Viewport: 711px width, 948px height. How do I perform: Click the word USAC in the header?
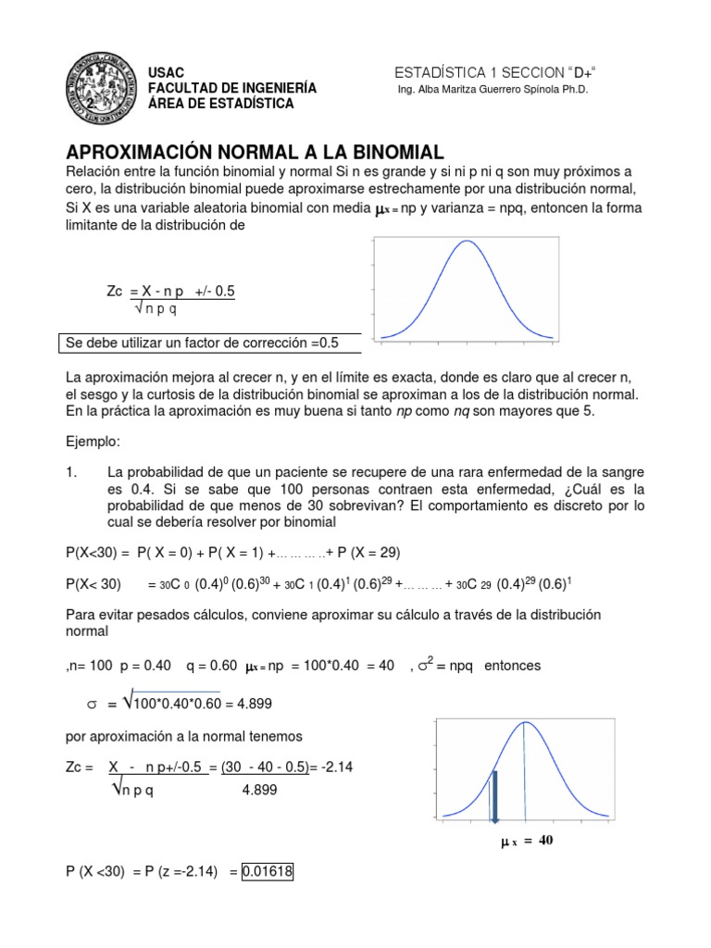[x=167, y=72]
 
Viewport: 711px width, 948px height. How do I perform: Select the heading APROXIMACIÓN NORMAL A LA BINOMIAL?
[x=255, y=151]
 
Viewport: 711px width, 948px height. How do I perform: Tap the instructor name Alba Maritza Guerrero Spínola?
[x=491, y=90]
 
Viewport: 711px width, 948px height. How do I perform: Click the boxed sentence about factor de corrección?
[x=201, y=343]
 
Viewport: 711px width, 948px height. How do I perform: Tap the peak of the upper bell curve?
[x=468, y=242]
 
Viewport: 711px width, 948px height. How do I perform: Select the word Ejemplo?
[x=94, y=440]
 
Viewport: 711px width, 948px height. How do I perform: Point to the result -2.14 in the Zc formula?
[x=341, y=768]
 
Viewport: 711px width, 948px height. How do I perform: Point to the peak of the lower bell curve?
[x=525, y=721]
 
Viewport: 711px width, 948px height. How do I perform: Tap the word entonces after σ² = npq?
[x=513, y=666]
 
